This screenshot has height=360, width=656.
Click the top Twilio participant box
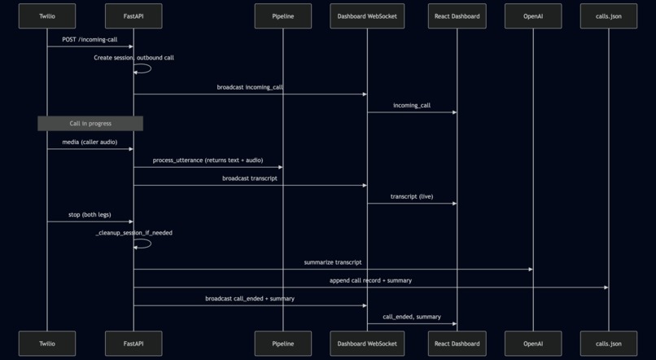point(47,16)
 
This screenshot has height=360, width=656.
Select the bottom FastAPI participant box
point(133,344)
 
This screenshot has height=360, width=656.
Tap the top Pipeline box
point(282,16)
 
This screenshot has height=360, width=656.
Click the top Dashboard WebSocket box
point(367,16)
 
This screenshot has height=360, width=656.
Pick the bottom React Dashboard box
point(457,344)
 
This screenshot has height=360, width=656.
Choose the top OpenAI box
point(533,16)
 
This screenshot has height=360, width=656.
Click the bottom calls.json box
point(608,344)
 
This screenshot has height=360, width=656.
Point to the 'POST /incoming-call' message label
point(90,39)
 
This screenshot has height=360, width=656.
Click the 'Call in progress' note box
point(90,123)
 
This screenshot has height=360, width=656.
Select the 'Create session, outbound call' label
point(133,58)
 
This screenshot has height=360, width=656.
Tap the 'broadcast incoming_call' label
point(250,86)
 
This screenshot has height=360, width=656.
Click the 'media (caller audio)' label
point(90,142)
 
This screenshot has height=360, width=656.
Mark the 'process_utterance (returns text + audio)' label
point(208,160)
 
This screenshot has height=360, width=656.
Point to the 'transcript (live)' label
point(412,196)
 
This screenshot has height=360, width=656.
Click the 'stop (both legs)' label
point(90,215)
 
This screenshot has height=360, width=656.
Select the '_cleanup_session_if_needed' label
point(133,233)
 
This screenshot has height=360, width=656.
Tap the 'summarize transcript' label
point(333,262)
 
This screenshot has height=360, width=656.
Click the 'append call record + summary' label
point(370,280)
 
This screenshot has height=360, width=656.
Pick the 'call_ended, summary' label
point(412,316)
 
